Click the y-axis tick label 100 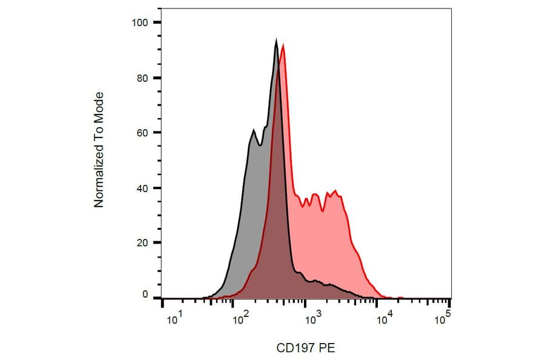point(139,23)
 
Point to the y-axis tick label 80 point(142,78)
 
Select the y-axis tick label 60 point(142,133)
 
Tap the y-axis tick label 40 point(142,188)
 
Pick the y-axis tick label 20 point(142,242)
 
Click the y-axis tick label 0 point(145,295)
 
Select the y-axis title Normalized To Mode point(99,150)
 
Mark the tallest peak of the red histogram point(283,46)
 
